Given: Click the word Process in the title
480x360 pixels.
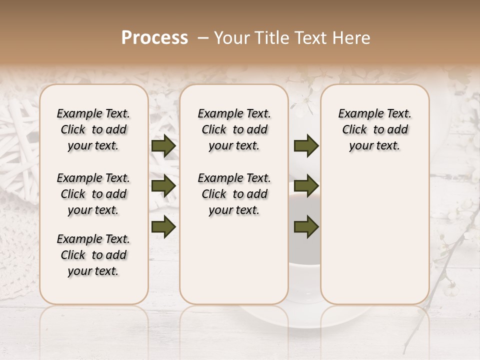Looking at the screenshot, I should click(154, 38).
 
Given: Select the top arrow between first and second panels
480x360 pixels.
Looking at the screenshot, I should click(163, 146).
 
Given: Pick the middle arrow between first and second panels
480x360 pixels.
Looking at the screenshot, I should click(163, 186).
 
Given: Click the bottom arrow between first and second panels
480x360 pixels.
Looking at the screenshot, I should click(163, 227).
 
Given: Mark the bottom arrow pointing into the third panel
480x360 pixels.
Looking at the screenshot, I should click(306, 227).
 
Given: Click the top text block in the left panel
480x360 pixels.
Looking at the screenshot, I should click(93, 129).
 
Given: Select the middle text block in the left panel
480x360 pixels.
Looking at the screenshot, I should click(93, 194).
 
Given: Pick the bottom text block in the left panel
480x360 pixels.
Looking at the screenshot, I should click(93, 255).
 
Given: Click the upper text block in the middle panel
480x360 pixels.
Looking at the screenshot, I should click(234, 129).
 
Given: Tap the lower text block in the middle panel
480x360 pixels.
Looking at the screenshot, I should click(234, 194).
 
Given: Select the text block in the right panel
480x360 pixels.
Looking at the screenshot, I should click(374, 129).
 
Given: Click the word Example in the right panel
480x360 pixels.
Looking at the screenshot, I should click(356, 114).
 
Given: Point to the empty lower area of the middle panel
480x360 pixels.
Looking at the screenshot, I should click(234, 260).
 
